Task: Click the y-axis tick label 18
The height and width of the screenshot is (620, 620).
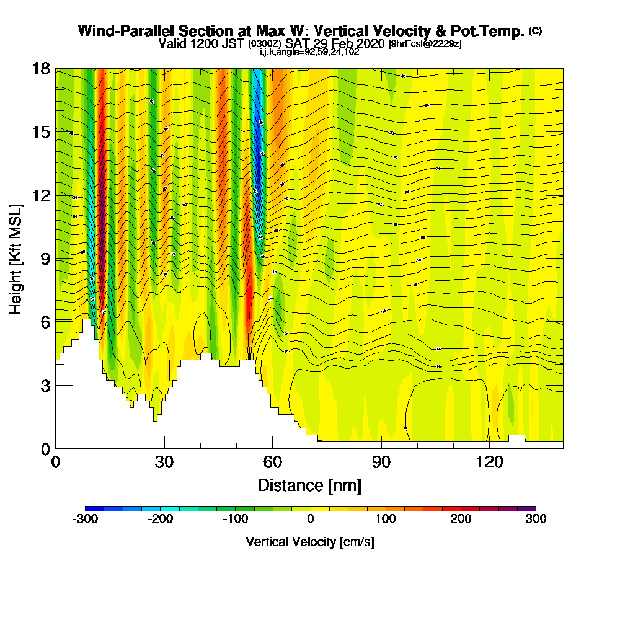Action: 41,68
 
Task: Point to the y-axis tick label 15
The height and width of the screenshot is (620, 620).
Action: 41,131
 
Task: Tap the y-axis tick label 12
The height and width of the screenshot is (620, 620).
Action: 41,195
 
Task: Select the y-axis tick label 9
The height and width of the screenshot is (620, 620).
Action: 45,259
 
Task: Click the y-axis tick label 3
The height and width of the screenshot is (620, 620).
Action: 45,385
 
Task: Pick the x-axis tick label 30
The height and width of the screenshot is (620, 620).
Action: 164,462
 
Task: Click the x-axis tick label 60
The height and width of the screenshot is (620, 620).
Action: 273,462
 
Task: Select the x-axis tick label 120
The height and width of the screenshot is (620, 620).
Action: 489,462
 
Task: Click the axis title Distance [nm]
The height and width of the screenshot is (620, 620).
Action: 309,484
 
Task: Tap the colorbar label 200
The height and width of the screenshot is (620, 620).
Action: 461,519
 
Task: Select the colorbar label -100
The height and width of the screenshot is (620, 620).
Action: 235,519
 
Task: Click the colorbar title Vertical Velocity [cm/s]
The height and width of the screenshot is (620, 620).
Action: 310,542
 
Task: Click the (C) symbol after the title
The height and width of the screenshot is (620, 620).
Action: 536,31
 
